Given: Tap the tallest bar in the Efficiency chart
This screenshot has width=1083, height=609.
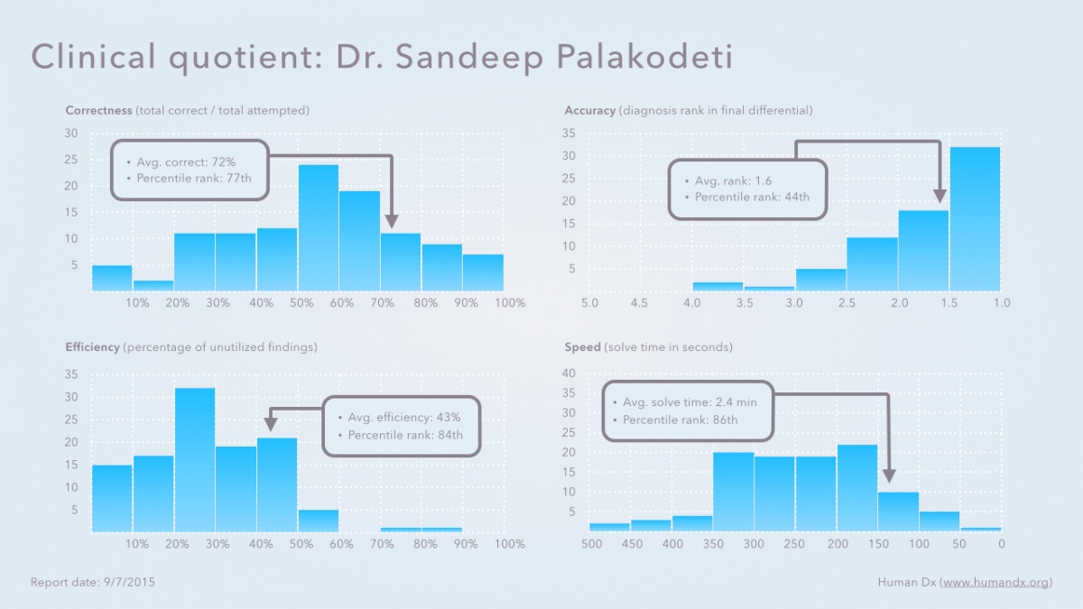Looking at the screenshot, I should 195,459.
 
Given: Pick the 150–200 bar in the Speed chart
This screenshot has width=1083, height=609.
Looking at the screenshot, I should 856,488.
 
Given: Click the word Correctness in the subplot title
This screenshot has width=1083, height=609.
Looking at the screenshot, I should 98,111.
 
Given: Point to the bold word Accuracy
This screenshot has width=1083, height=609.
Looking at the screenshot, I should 589,111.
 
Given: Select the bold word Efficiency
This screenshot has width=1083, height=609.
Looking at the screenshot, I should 92,347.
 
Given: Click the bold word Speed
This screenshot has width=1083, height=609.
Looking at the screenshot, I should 581,347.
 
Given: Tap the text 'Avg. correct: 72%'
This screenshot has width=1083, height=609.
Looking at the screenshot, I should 186,161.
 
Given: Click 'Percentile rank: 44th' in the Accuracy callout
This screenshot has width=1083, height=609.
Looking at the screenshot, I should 752,197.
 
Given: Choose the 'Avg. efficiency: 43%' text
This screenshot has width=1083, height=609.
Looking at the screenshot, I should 404,418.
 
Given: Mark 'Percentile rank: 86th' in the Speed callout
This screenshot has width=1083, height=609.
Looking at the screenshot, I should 680,420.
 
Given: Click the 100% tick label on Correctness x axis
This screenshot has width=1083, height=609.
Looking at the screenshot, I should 510,303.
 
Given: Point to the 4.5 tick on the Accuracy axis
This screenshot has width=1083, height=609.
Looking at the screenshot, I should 640,303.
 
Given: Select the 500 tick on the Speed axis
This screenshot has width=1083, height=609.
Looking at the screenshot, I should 592,544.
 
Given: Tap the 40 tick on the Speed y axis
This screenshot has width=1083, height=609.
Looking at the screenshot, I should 569,374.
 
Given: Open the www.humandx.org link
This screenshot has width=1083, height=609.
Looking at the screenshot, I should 995,583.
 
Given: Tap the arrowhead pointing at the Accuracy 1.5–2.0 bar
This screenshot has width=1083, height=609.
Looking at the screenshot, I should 940,196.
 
